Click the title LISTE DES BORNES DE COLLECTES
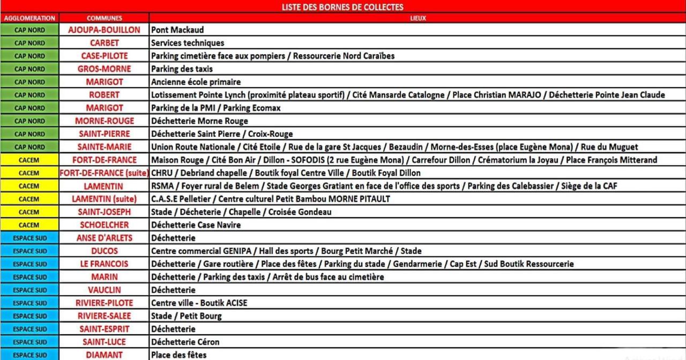[x=342, y=7]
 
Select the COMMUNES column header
[x=104, y=18]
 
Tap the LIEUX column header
[x=417, y=18]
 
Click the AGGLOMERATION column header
[x=29, y=18]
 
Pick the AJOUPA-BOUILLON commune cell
[x=104, y=30]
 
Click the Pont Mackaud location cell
[x=177, y=30]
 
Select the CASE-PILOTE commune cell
[x=104, y=56]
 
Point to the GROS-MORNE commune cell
[x=104, y=69]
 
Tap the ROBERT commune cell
[x=104, y=95]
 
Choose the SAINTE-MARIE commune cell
[x=104, y=147]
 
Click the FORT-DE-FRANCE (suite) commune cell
[x=104, y=173]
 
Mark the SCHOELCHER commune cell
[x=104, y=225]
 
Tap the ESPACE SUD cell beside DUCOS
[x=29, y=251]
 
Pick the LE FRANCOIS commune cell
[x=104, y=264]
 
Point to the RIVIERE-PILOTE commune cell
[x=104, y=303]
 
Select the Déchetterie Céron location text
[x=185, y=342]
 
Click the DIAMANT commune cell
[x=104, y=355]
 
